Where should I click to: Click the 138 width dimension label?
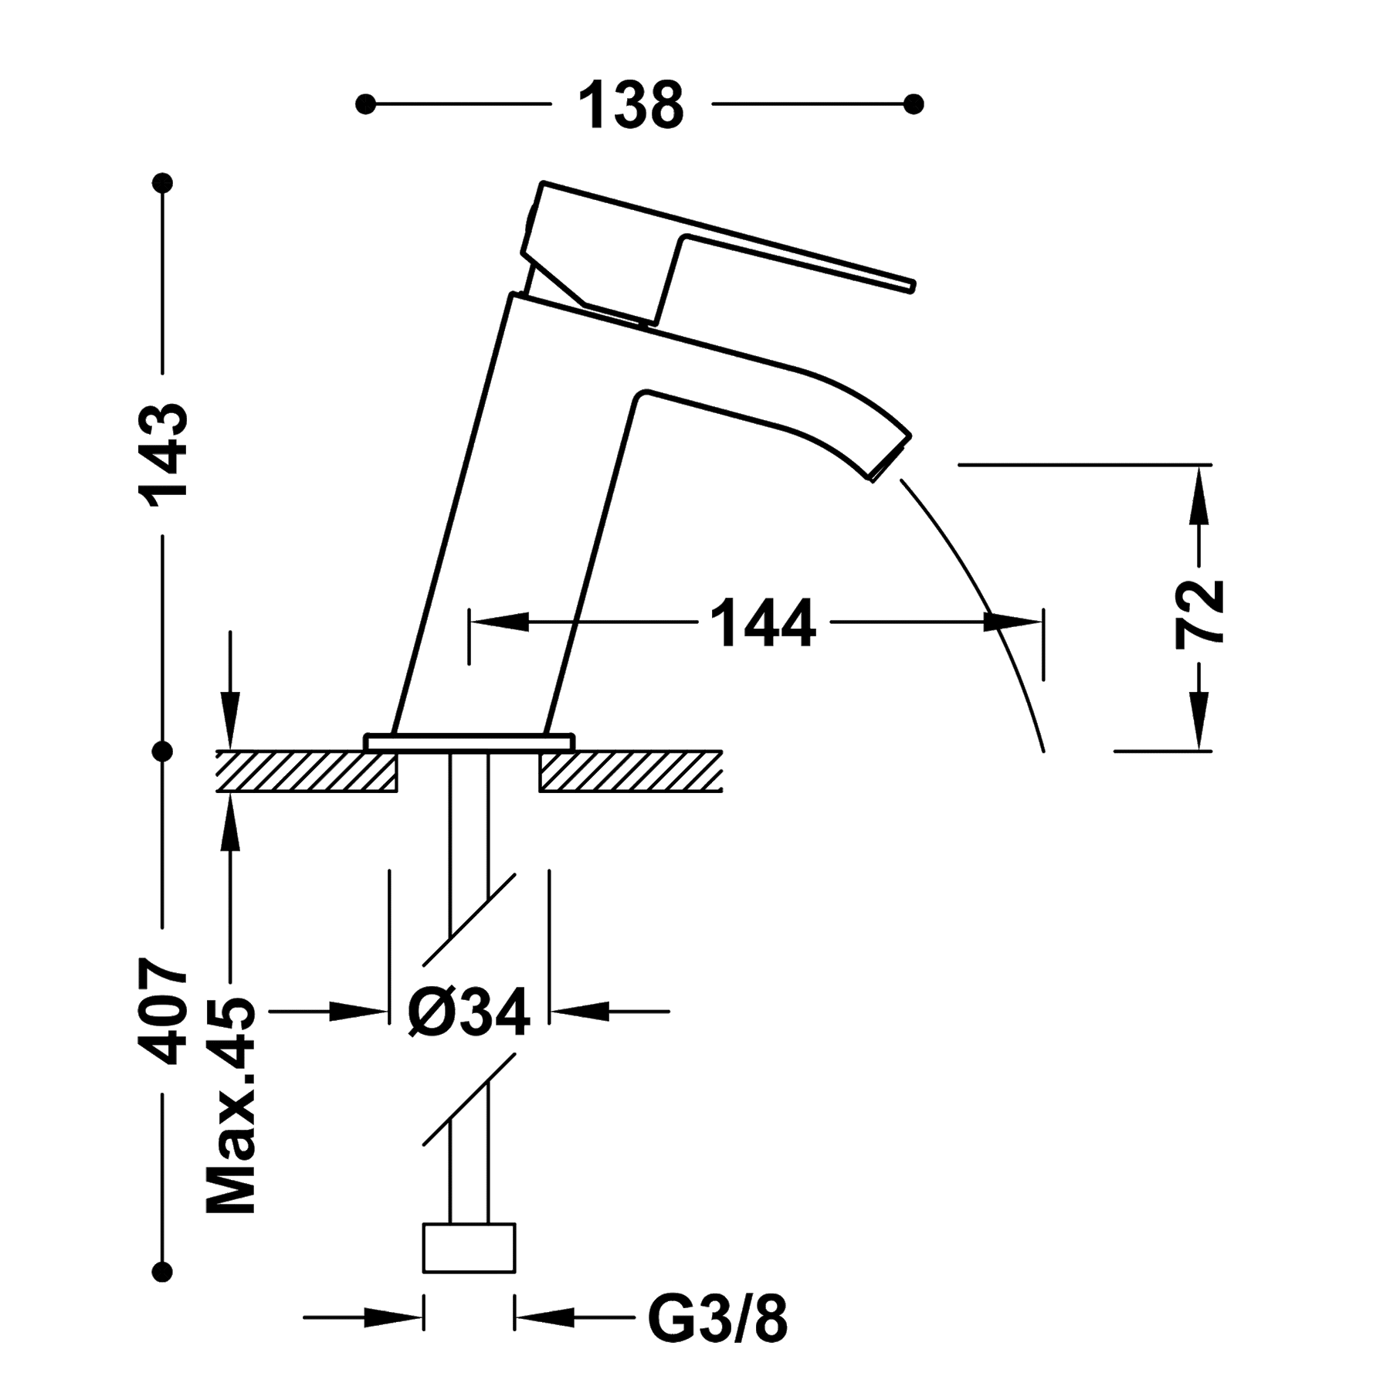coord(631,104)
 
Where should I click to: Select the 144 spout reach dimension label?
coord(762,622)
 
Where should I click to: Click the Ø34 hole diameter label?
coord(470,1010)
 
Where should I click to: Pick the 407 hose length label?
coord(163,1012)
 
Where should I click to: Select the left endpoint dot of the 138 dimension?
coord(366,103)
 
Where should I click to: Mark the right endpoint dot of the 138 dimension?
coord(914,103)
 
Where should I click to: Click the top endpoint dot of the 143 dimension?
coord(163,184)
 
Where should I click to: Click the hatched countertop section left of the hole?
coord(307,771)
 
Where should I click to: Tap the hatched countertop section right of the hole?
coord(630,771)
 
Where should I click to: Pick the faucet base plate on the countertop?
coord(470,741)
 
